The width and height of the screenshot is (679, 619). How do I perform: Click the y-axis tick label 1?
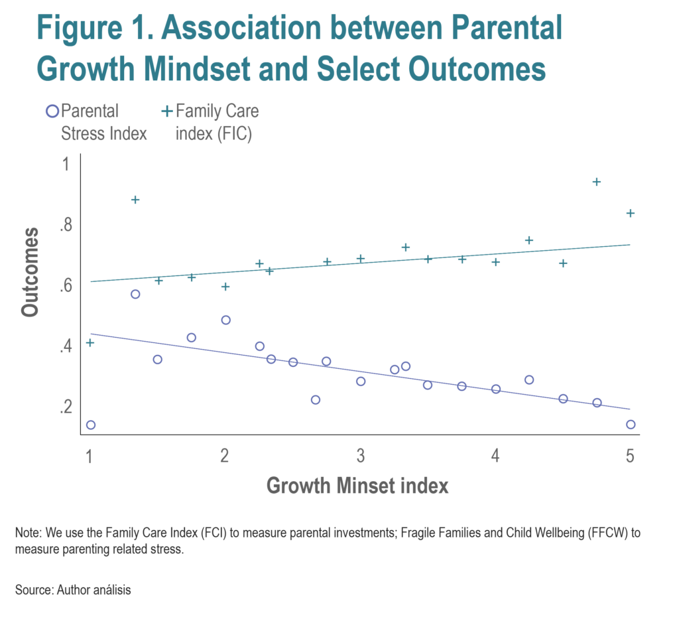(66, 164)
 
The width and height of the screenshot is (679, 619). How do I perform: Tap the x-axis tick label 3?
(360, 456)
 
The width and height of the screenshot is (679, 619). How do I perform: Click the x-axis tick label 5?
(630, 456)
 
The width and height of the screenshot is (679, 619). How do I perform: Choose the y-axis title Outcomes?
(31, 272)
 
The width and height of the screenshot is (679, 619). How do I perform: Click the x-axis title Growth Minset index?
(357, 486)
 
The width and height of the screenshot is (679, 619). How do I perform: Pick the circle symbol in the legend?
(52, 111)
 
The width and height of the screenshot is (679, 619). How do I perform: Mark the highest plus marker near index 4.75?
(596, 182)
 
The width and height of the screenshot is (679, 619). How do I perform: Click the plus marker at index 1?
(90, 342)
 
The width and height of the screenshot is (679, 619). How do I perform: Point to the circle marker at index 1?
(90, 425)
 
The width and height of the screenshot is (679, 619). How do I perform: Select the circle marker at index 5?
(631, 425)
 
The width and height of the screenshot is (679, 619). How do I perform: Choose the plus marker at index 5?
(631, 213)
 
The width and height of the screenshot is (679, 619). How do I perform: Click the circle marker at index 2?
(225, 320)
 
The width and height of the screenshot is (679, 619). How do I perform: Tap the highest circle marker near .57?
(135, 294)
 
